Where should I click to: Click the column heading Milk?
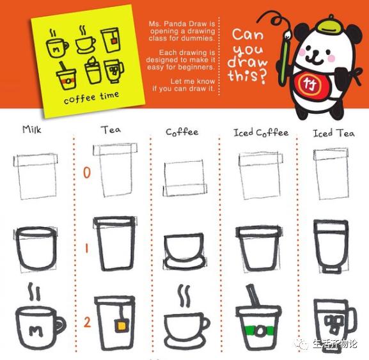coord(32,130)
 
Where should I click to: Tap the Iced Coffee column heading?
coord(261,133)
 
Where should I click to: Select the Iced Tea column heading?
coord(333,133)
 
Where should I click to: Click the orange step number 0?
coord(87,173)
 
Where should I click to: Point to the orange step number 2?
coord(87,322)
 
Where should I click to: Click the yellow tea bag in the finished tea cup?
coord(122,325)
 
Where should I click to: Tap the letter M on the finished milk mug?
coord(36,331)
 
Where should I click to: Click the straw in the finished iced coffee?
coord(253,295)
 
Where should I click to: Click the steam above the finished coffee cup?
coord(184,295)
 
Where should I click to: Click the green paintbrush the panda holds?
coord(285,56)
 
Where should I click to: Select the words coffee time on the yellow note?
coord(91,98)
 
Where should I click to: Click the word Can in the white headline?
coord(247,35)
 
